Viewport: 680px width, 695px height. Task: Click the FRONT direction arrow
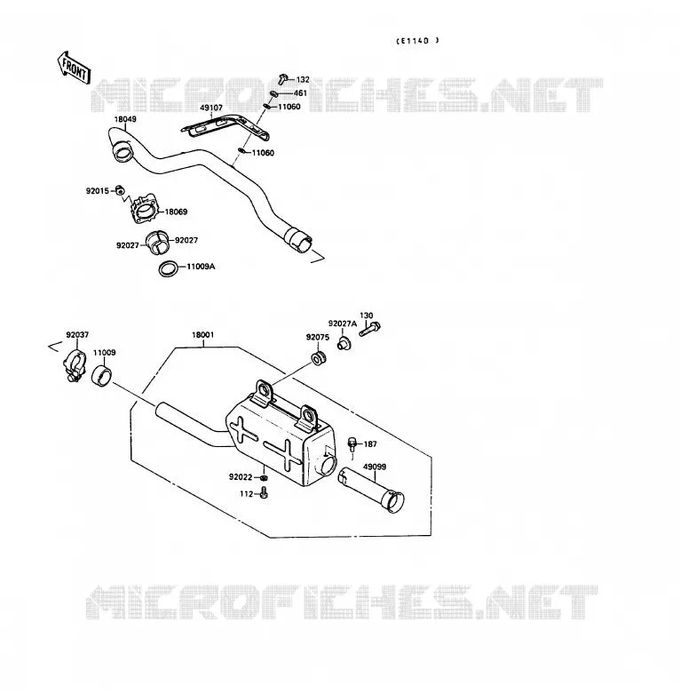pyautogui.click(x=74, y=68)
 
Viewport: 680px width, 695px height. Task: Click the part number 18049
pyautogui.click(x=125, y=119)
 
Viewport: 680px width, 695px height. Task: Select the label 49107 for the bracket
pyautogui.click(x=211, y=108)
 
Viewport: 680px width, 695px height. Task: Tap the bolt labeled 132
pyautogui.click(x=283, y=79)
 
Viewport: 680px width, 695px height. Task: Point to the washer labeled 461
pyautogui.click(x=274, y=94)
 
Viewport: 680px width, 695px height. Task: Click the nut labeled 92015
pyautogui.click(x=119, y=190)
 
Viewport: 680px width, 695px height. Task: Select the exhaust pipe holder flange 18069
pyautogui.click(x=144, y=210)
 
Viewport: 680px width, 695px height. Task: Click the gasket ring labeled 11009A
pyautogui.click(x=170, y=269)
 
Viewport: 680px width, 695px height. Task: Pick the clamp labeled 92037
pyautogui.click(x=75, y=363)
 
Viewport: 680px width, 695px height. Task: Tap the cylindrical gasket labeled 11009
pyautogui.click(x=102, y=375)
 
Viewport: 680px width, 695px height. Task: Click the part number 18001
pyautogui.click(x=202, y=335)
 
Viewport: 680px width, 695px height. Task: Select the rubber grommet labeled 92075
pyautogui.click(x=318, y=357)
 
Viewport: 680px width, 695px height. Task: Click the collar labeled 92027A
pyautogui.click(x=344, y=344)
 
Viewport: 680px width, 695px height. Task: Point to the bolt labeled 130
pyautogui.click(x=369, y=330)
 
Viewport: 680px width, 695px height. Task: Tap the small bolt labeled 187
pyautogui.click(x=352, y=444)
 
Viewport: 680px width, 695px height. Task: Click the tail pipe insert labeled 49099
pyautogui.click(x=371, y=490)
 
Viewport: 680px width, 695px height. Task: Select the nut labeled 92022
pyautogui.click(x=263, y=478)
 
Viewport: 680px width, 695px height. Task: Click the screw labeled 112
pyautogui.click(x=264, y=493)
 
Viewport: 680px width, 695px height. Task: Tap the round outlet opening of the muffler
pyautogui.click(x=328, y=466)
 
